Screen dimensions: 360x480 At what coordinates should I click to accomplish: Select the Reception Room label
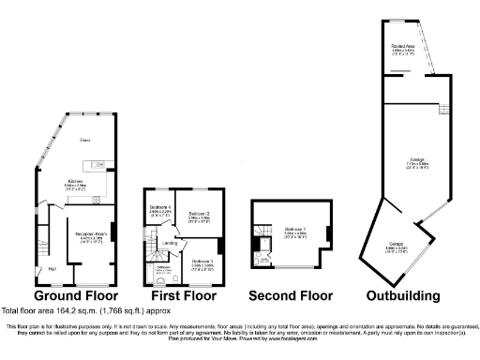(90, 237)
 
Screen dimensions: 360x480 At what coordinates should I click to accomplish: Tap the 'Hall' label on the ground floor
(51, 272)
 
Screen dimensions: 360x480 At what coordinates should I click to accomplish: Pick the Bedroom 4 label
(160, 208)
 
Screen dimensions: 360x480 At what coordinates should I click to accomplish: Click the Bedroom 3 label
(202, 262)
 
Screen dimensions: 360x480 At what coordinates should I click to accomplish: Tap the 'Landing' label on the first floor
(170, 244)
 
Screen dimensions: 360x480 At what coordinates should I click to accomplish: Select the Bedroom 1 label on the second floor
(295, 231)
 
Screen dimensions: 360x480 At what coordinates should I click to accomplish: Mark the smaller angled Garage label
(397, 246)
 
